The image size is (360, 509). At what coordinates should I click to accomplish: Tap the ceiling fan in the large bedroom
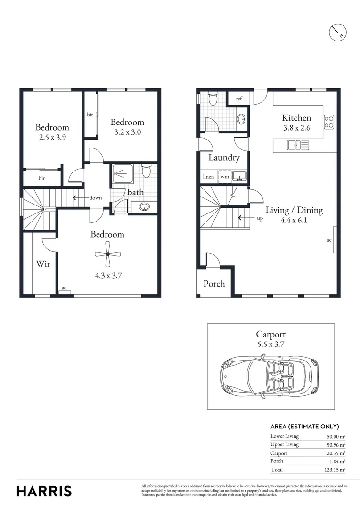tap(107, 254)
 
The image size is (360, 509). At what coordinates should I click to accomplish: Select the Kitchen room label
tap(296, 118)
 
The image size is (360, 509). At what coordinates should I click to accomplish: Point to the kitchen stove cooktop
tap(329, 122)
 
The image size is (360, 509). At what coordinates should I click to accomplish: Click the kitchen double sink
tap(297, 145)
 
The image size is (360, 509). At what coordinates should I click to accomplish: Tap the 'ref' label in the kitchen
tap(239, 99)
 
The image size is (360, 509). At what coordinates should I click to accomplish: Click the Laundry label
tap(224, 158)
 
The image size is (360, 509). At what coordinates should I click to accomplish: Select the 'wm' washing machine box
tap(225, 177)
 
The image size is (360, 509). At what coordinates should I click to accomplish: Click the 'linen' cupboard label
tap(208, 177)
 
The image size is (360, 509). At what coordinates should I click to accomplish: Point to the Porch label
tap(214, 284)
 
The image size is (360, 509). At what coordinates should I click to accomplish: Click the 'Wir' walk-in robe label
tap(43, 264)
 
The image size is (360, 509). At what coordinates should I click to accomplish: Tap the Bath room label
tap(135, 192)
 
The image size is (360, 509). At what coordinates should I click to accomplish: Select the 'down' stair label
tap(96, 198)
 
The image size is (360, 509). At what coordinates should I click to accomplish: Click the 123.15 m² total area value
tap(335, 470)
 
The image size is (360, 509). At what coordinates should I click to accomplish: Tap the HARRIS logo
tap(44, 491)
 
